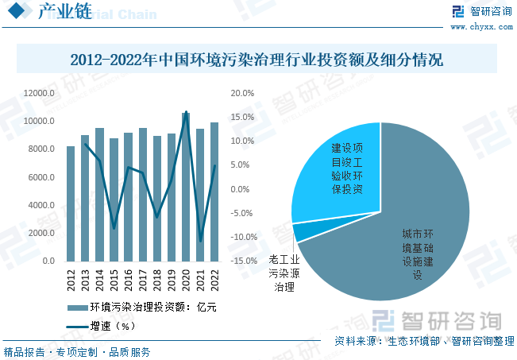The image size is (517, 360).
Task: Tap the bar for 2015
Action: click(114, 199)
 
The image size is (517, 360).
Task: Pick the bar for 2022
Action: click(214, 192)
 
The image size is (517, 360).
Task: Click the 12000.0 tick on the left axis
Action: click(38, 94)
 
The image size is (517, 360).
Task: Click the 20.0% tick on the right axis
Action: click(243, 94)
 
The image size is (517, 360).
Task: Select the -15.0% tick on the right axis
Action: click(242, 261)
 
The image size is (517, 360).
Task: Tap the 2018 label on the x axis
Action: click(157, 280)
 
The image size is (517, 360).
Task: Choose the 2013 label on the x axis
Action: click(85, 280)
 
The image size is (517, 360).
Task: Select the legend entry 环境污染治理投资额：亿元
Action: click(143, 307)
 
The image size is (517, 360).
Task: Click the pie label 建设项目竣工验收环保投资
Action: click(347, 168)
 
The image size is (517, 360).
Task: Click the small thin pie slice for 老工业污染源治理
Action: click(300, 232)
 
